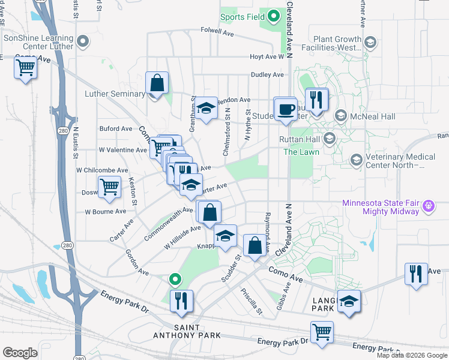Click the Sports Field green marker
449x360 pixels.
click(274, 16)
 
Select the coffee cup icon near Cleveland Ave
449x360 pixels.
click(285, 109)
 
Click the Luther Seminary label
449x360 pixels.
click(115, 94)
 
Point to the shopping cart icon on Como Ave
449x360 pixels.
click(26, 68)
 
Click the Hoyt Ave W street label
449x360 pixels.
click(267, 57)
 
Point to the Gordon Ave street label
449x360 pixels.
click(137, 263)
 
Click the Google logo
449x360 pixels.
click(20, 353)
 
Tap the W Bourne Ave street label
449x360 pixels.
click(105, 212)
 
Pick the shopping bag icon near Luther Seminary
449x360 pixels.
click(157, 83)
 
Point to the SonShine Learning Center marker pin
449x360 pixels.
click(83, 41)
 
